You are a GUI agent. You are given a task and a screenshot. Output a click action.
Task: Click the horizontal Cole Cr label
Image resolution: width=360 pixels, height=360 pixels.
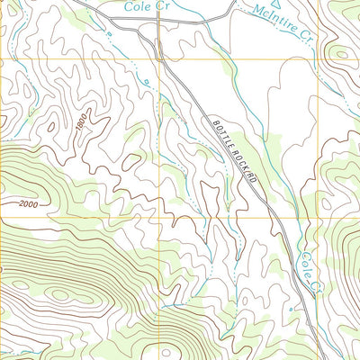coord(148,6)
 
